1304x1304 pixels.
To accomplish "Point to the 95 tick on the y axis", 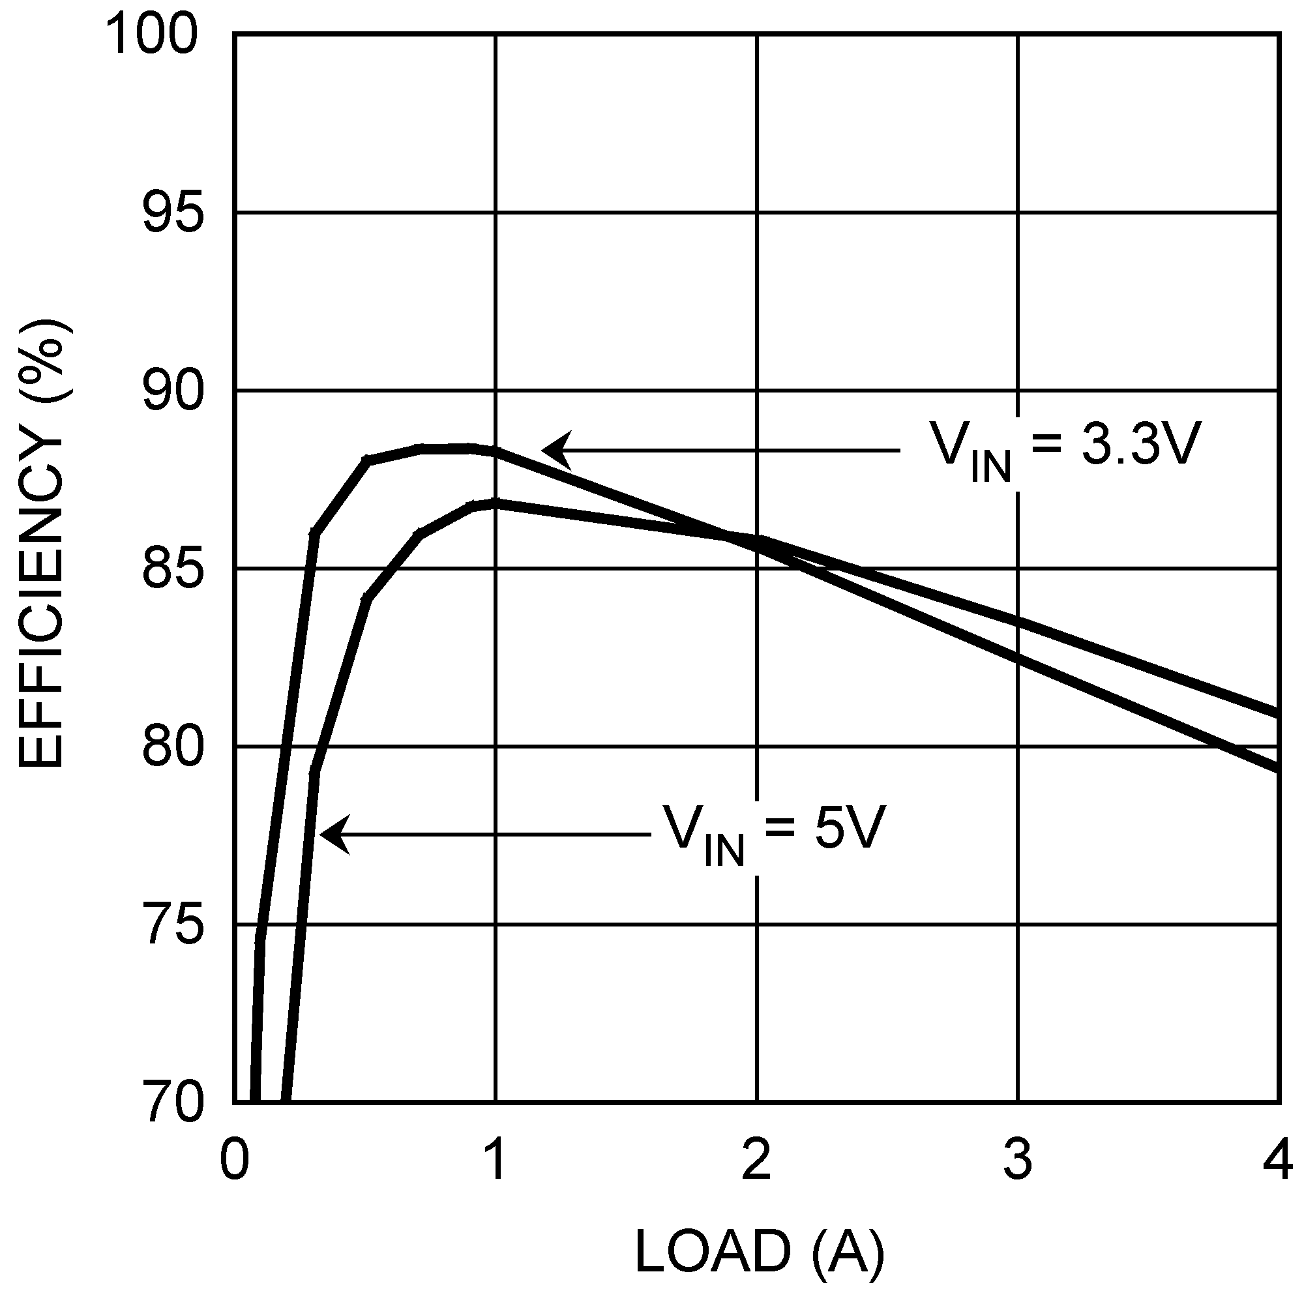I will [x=173, y=213].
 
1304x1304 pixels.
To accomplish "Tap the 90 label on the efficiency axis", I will [x=173, y=391].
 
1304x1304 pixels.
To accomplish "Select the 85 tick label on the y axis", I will [x=173, y=569].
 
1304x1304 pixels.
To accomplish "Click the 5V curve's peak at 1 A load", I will [x=496, y=502].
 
